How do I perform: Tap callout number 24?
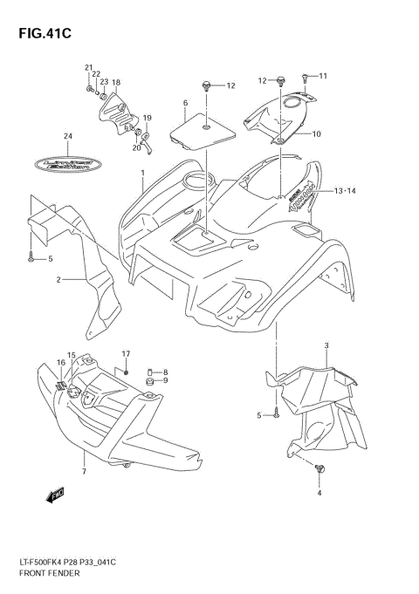click(x=67, y=136)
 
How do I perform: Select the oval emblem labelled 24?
click(x=67, y=162)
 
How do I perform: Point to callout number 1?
click(x=142, y=174)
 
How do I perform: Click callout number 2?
click(x=58, y=280)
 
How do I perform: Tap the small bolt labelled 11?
click(x=306, y=78)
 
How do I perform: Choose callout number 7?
click(x=83, y=472)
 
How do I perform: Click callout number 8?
click(x=165, y=372)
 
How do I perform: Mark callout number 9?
click(x=165, y=380)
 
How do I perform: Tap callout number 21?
click(x=88, y=68)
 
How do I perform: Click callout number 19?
click(x=148, y=118)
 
